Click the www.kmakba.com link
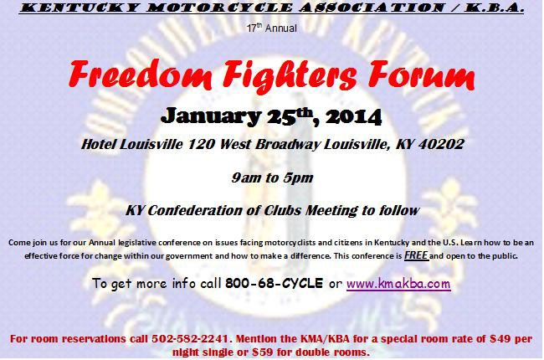coord(398,284)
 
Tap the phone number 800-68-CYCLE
coord(274,283)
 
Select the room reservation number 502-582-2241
coord(190,338)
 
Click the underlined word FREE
coord(416,255)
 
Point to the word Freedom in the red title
coord(140,75)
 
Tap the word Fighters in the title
coord(290,76)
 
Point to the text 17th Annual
coord(272,28)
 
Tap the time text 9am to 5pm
coord(272,177)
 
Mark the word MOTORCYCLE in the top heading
coord(219,8)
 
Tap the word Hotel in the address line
coord(99,144)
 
